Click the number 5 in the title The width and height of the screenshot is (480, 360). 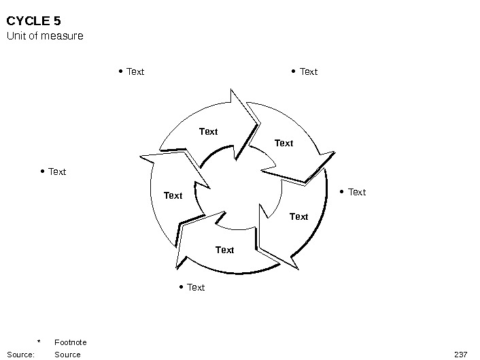tap(57, 20)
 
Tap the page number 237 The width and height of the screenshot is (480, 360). tap(460, 355)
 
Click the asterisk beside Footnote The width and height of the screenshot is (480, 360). tap(39, 342)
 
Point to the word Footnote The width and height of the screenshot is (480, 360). tap(70, 342)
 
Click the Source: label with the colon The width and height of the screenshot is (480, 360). tap(20, 355)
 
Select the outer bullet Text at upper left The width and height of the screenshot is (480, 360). tap(135, 71)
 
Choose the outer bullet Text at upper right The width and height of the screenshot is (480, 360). tap(309, 71)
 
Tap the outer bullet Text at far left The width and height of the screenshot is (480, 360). tap(57, 171)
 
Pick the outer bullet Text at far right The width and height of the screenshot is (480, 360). tap(356, 192)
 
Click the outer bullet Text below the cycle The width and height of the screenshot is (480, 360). tap(196, 287)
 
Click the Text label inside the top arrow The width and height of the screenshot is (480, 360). tap(208, 131)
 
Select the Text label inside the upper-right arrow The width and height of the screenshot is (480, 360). tap(284, 143)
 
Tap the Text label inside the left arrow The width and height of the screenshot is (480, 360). tap(173, 195)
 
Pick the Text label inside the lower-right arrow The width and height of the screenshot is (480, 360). tap(298, 216)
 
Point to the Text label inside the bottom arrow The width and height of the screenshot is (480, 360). tap(224, 250)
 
